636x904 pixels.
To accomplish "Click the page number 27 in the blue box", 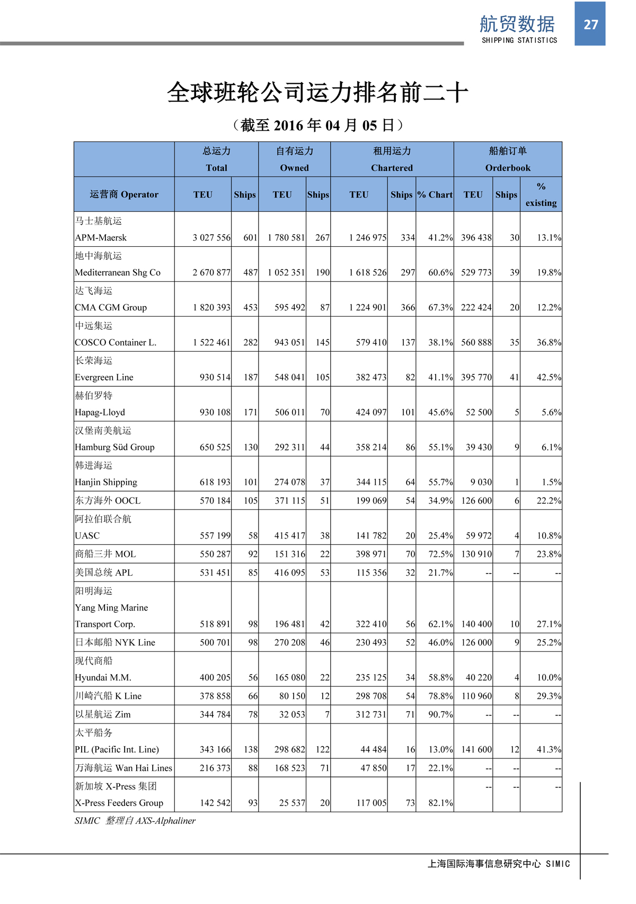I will pos(590,24).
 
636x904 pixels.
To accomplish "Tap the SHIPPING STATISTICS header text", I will pos(519,40).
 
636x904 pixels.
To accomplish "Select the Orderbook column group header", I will pos(507,167).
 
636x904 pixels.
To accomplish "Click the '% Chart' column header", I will pos(435,194).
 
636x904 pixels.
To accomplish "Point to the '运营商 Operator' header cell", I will pos(124,194).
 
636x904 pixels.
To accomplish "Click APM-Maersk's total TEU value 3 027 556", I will pos(211,238).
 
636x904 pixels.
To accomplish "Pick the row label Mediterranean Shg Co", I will pos(118,273).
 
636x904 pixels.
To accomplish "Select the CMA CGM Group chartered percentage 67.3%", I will pos(440,308).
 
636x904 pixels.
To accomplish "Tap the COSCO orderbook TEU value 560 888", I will pos(476,343).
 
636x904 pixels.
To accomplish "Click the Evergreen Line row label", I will pos(104,378).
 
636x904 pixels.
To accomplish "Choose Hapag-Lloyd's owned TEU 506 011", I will pos(289,413).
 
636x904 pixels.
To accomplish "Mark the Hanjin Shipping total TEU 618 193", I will pos(215,482).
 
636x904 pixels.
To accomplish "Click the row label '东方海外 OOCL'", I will pos(108,500).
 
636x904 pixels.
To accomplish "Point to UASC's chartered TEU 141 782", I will pos(371,536).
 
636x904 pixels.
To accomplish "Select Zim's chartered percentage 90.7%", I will pos(440,715).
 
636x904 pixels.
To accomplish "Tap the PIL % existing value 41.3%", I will pos(549,750).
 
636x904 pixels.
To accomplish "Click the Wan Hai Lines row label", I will pos(123,768).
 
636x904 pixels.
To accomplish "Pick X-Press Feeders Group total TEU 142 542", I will pos(215,803).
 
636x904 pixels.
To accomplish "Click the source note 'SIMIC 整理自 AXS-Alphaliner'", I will pos(135,821).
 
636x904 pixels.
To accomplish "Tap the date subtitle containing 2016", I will pos(318,126).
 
